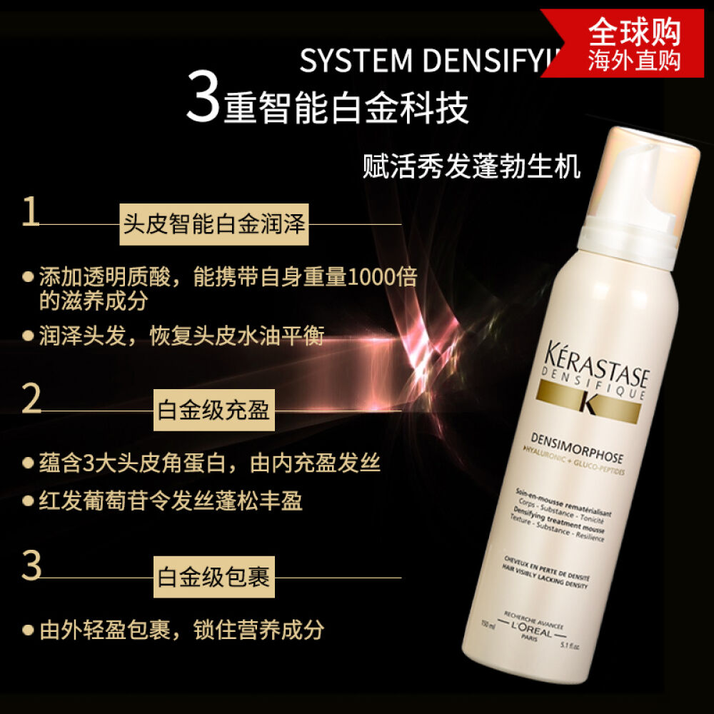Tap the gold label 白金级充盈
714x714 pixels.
(x=213, y=411)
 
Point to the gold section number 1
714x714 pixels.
(x=31, y=213)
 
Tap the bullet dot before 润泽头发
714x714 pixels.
(x=29, y=335)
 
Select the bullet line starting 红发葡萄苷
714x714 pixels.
(x=171, y=500)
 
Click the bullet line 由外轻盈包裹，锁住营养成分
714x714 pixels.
(x=181, y=629)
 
